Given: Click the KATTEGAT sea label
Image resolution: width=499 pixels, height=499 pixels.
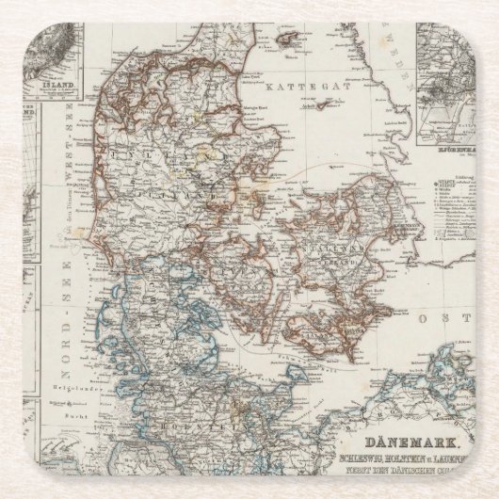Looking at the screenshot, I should point(292,86).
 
